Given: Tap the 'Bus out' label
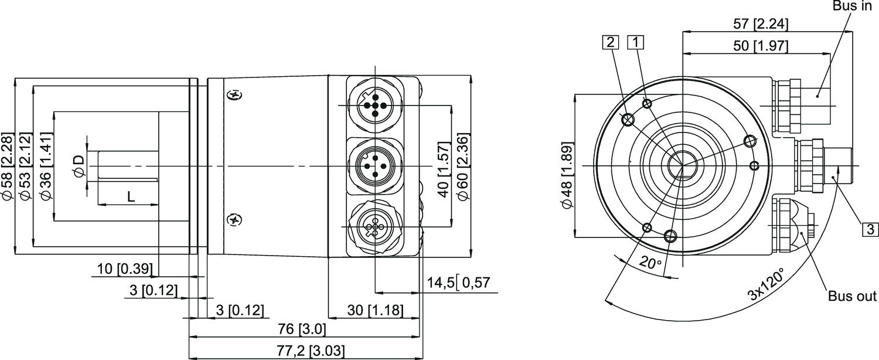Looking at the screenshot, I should [x=851, y=296].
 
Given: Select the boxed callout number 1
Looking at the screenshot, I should [x=636, y=42].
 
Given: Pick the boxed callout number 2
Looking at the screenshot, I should [x=610, y=42].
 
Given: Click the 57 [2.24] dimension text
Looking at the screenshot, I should [x=761, y=24].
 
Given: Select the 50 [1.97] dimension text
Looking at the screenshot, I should [x=761, y=46].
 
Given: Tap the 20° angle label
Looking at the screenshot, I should [x=650, y=263].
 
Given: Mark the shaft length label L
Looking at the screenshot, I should [x=131, y=198].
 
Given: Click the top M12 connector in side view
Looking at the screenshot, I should [x=373, y=105].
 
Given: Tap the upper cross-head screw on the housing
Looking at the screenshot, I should [x=235, y=95].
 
